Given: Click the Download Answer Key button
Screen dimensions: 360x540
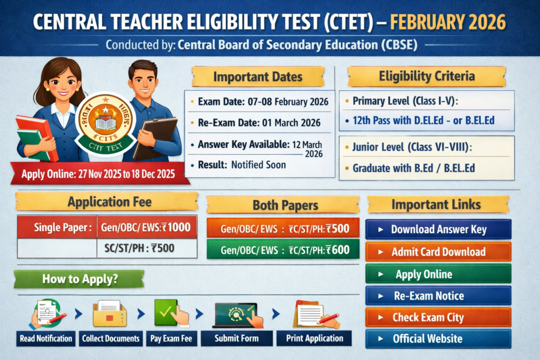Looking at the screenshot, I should (x=438, y=230).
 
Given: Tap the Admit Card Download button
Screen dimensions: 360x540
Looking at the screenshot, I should (x=438, y=252).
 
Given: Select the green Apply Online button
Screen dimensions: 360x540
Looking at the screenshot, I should (x=438, y=274).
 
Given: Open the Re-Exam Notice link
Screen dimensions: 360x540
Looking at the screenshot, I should (x=438, y=296).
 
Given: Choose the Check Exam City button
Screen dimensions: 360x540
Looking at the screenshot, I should (x=438, y=317).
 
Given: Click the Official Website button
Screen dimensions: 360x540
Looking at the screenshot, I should (x=438, y=339).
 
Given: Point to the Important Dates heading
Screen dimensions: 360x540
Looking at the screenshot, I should (x=257, y=77).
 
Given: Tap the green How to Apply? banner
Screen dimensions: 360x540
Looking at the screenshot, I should (x=79, y=279).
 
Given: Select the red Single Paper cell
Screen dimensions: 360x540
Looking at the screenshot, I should (x=57, y=228).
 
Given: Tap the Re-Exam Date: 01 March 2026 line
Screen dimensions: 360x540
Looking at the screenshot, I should (x=259, y=123).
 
